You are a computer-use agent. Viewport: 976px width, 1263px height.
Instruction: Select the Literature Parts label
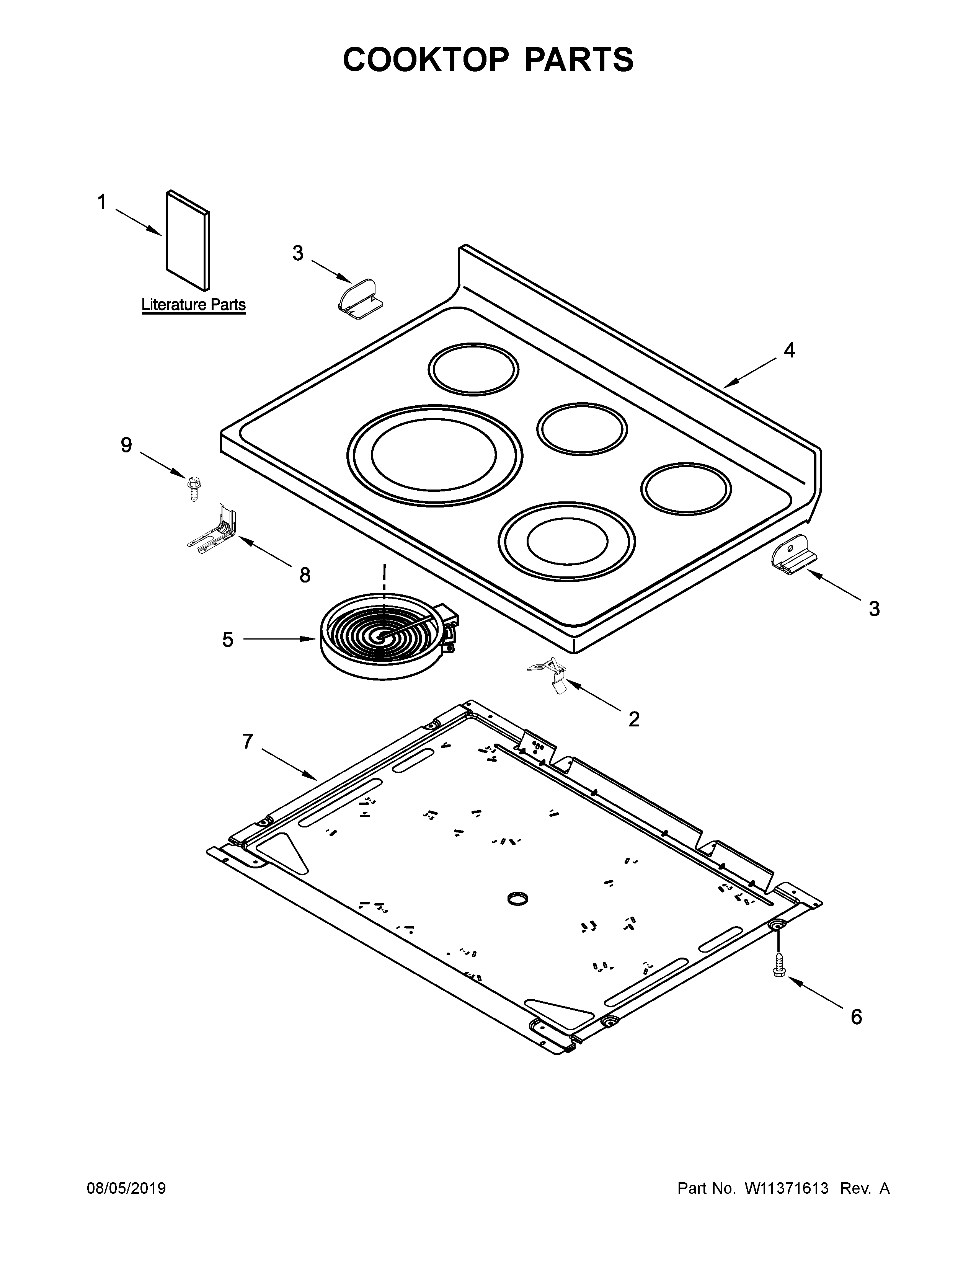coord(194,305)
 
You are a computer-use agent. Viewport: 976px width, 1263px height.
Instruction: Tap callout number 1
coord(102,202)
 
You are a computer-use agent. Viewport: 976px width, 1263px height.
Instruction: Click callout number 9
coord(126,445)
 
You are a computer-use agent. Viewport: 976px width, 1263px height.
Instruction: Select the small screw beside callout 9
coord(192,488)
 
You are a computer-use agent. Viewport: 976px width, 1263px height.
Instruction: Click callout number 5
coord(228,640)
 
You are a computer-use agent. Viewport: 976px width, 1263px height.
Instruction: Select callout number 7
coord(248,741)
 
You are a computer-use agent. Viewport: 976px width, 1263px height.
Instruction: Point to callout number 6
coord(856,1017)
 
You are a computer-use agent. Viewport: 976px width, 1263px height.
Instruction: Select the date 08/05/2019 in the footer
coord(126,1188)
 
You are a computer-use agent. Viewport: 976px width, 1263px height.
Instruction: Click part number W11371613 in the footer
coord(787,1188)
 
